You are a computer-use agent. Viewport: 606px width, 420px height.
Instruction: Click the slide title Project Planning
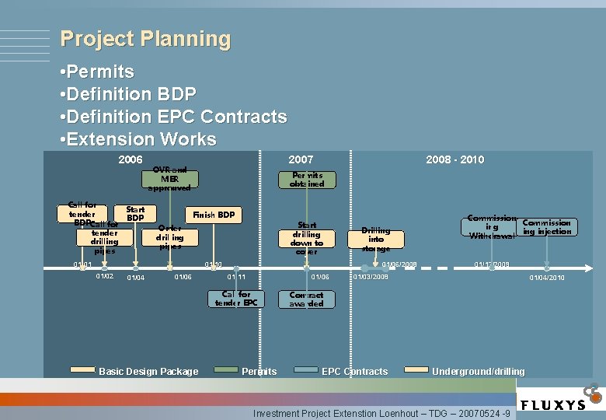(x=145, y=39)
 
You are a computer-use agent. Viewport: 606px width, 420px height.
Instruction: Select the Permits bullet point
(x=96, y=72)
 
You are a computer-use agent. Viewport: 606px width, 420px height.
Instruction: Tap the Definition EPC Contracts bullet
(x=172, y=117)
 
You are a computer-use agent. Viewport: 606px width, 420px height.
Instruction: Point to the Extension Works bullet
(x=138, y=140)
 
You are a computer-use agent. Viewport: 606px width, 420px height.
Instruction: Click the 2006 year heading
(x=130, y=159)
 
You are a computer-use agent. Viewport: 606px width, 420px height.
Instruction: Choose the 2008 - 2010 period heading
(x=454, y=159)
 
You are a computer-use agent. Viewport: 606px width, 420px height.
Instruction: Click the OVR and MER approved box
(x=169, y=179)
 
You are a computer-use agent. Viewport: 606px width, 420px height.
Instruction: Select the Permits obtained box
(x=306, y=180)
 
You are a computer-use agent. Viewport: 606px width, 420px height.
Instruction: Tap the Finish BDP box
(x=214, y=215)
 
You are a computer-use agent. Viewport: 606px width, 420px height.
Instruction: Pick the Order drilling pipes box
(x=169, y=237)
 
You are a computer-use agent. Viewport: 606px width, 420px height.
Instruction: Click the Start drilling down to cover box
(x=306, y=238)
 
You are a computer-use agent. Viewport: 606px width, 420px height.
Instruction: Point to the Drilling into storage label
(x=375, y=239)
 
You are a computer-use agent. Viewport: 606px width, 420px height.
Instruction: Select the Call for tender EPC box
(x=236, y=299)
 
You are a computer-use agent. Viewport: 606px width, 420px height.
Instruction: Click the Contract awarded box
(x=306, y=299)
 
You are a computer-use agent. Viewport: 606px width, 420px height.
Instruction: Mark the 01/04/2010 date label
(x=547, y=278)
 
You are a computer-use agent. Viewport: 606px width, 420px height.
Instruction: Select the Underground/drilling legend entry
(x=478, y=372)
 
